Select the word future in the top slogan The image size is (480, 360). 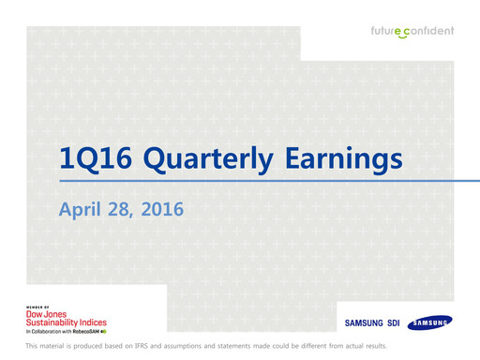pos(388,31)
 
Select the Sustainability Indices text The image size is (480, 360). pos(67,322)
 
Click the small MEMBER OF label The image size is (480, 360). pos(37,307)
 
